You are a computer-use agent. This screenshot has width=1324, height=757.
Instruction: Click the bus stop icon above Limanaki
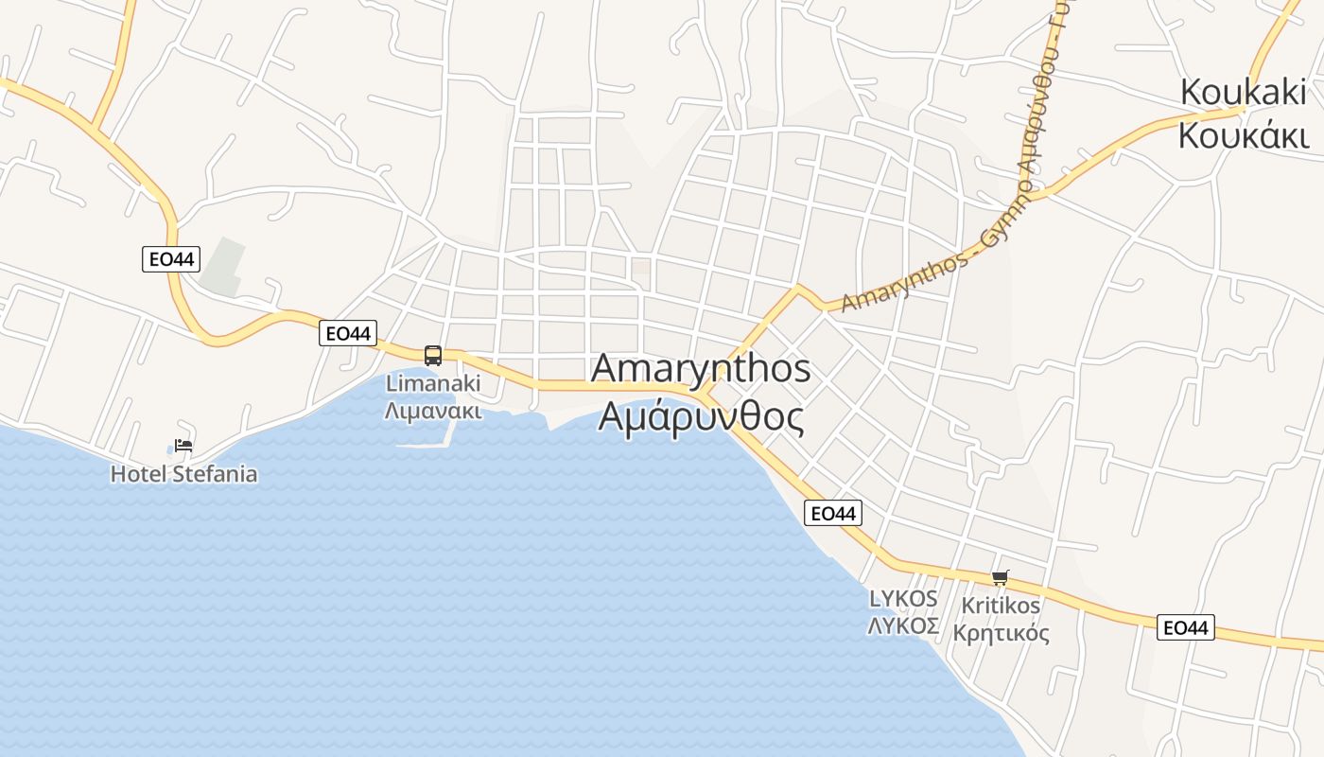pos(433,356)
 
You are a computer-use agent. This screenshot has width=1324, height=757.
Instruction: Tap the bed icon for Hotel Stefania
pos(183,445)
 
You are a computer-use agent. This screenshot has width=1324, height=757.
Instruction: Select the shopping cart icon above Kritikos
pos(1000,577)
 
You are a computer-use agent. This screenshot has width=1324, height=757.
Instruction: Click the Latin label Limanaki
pos(433,383)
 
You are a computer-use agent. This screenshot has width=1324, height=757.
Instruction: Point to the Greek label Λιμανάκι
pos(433,411)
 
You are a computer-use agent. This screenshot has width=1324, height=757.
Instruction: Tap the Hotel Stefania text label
pos(183,474)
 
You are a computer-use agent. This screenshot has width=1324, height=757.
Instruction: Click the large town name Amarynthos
pos(701,369)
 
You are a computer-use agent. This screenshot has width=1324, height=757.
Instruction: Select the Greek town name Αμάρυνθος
pos(701,416)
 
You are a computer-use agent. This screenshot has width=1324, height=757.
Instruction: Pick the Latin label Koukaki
pos(1243,93)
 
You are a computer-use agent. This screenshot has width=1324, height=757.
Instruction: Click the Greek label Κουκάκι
pos(1243,135)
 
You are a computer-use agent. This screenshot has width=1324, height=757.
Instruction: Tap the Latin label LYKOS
pos(903,598)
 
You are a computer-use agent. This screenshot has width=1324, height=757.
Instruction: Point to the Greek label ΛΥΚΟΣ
pos(903,625)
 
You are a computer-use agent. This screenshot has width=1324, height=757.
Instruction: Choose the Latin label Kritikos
pos(1001,605)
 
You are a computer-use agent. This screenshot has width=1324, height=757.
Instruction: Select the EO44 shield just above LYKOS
pos(833,513)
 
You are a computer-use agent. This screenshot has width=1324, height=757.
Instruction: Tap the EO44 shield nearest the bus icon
pos(347,332)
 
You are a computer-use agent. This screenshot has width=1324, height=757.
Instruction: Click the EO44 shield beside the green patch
pos(171,258)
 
